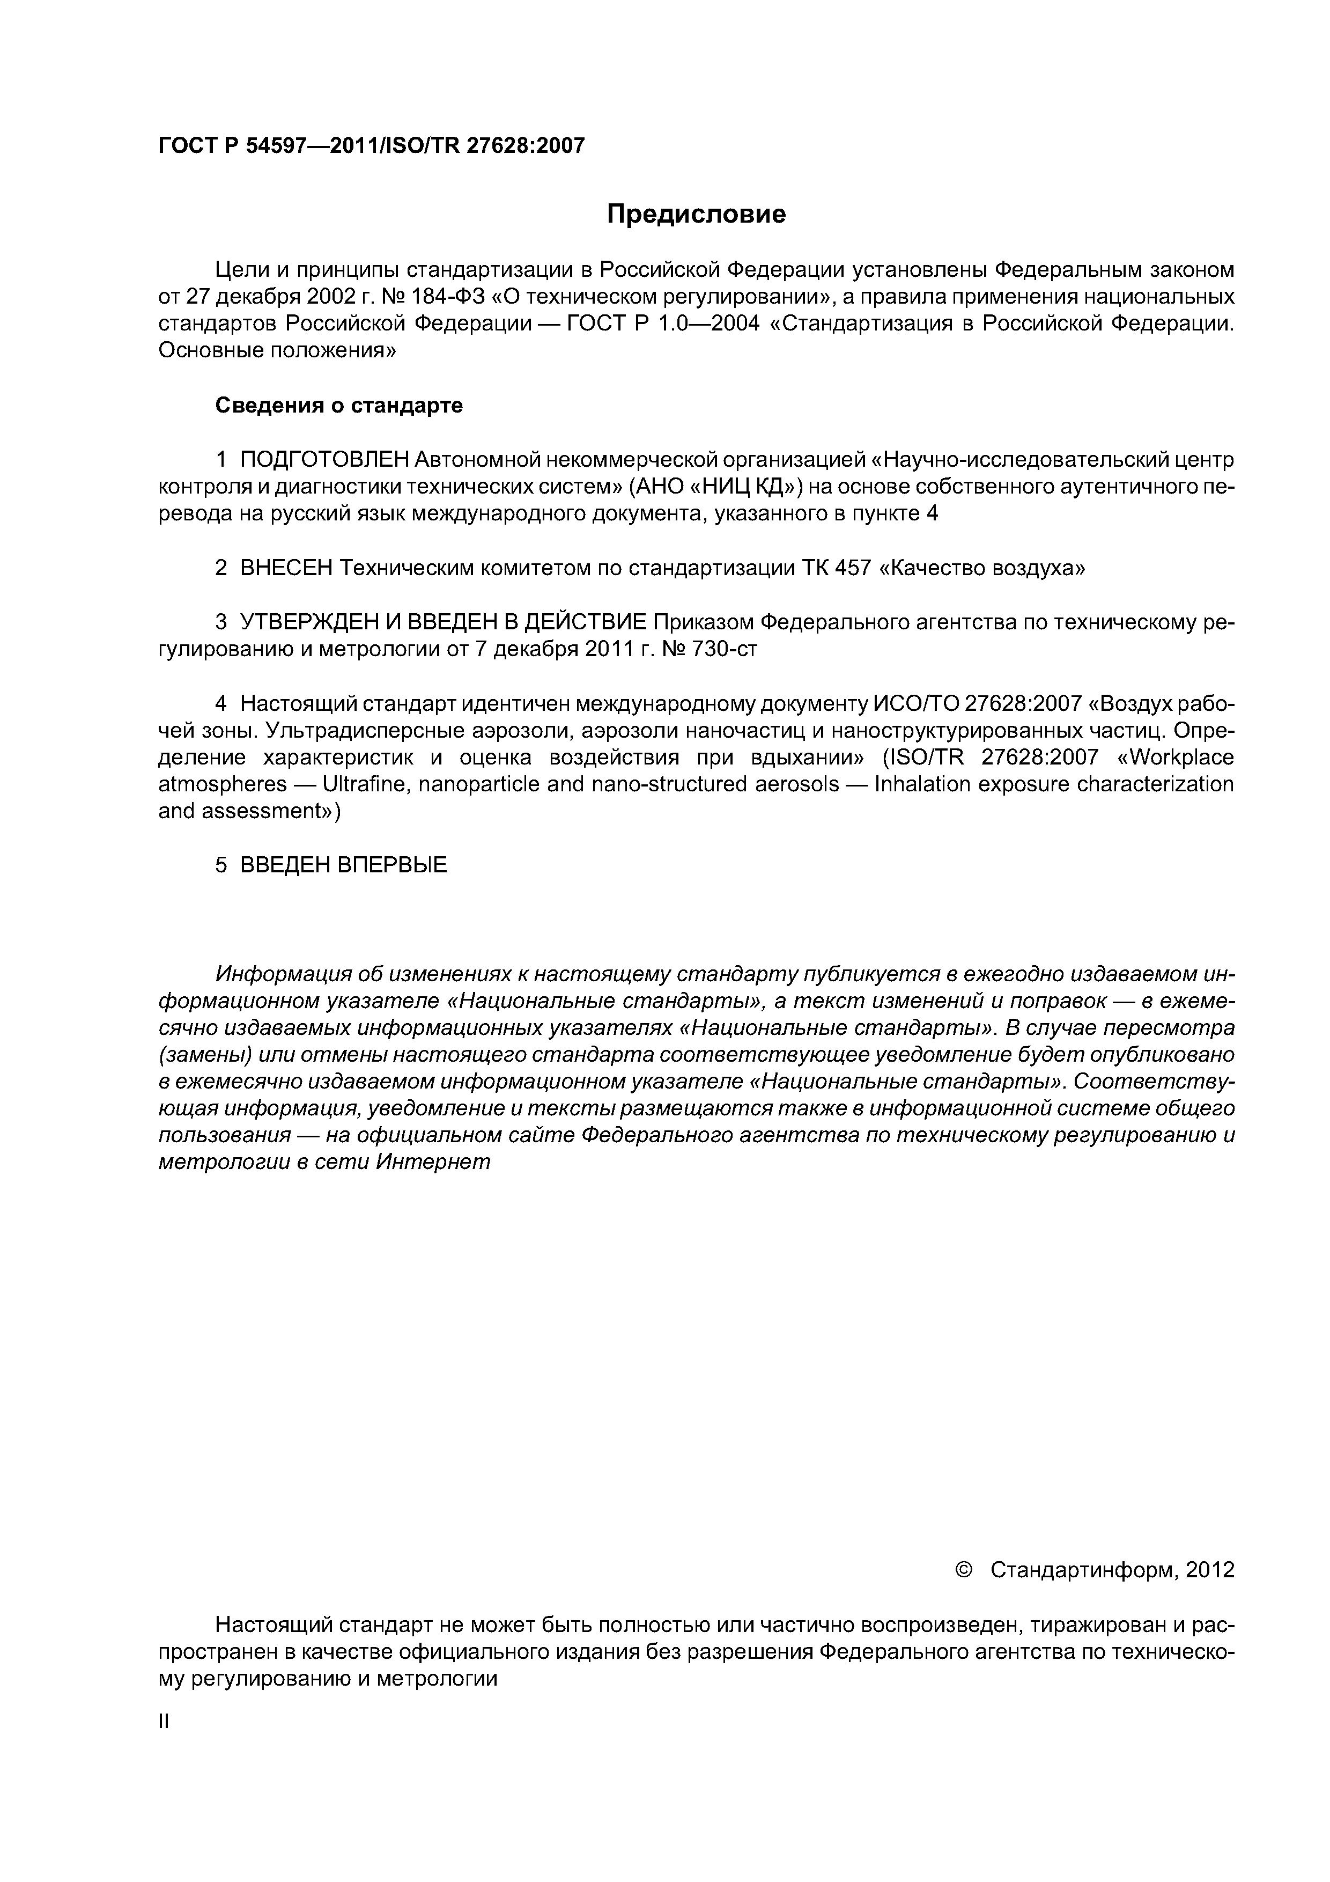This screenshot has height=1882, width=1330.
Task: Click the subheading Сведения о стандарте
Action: [338, 405]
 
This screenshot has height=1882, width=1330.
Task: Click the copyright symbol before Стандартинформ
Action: [964, 1570]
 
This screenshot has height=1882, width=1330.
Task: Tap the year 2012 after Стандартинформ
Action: [1209, 1570]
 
